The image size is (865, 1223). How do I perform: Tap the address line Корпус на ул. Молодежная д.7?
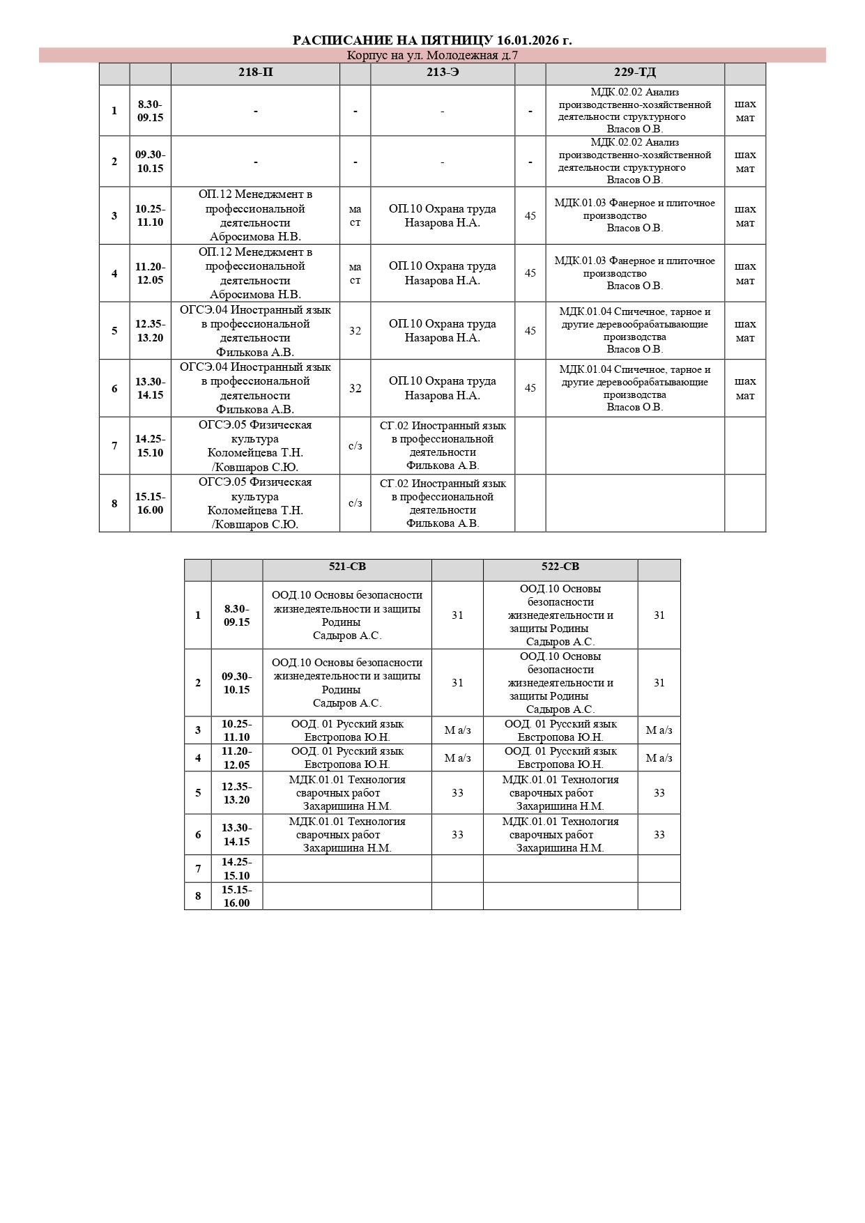(432, 56)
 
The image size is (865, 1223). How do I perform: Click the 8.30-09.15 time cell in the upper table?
(150, 111)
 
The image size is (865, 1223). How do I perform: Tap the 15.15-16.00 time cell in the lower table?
(237, 896)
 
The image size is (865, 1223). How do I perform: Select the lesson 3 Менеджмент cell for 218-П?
(255, 215)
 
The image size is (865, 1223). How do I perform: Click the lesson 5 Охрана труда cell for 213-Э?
(443, 331)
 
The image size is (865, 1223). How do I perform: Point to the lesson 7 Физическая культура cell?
(255, 446)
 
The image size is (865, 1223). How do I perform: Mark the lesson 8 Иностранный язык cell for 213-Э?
(443, 503)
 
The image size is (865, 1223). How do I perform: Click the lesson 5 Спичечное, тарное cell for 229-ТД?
(634, 331)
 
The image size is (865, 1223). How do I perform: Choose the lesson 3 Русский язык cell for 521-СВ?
(347, 730)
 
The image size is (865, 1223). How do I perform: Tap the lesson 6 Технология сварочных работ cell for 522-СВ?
(560, 835)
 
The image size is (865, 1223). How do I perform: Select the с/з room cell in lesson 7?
(355, 446)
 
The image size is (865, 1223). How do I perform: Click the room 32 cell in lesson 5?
(355, 331)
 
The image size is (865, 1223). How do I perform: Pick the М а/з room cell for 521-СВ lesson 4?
(457, 758)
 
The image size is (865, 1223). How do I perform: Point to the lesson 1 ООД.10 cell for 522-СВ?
(560, 615)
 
